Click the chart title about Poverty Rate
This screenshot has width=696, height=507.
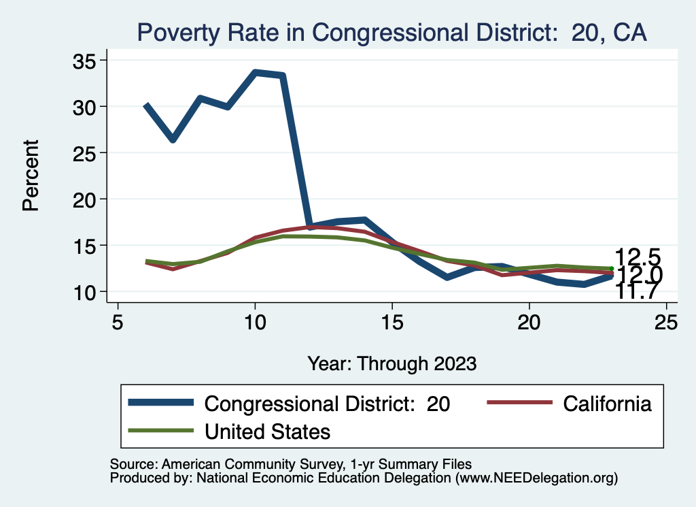391,32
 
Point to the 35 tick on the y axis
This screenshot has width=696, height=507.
85,61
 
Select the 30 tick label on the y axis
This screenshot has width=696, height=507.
85,107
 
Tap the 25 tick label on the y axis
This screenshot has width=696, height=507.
85,153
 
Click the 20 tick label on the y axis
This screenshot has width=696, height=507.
85,199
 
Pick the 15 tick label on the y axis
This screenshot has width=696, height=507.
85,246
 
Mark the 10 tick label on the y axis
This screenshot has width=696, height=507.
85,292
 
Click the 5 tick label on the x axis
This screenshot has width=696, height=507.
118,323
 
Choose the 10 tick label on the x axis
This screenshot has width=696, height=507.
255,323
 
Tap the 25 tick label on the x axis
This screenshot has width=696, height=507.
666,323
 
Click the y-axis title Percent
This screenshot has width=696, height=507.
31,176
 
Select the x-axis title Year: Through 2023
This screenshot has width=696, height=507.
391,363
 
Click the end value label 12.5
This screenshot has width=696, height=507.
638,257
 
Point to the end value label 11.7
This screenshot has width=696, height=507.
638,291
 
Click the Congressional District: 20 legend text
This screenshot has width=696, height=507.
327,404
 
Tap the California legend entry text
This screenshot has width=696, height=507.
608,404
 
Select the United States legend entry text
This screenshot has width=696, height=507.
267,431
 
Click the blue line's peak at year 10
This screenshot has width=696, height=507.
255,72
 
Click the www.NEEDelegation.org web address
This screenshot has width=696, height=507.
536,478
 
